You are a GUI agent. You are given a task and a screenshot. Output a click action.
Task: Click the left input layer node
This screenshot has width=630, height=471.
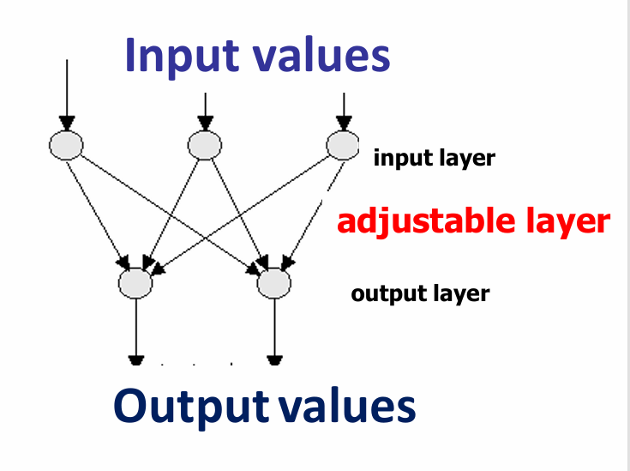(66, 146)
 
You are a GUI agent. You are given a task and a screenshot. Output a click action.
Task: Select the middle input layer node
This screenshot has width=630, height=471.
(205, 146)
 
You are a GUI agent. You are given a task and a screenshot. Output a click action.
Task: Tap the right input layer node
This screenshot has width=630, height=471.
(343, 146)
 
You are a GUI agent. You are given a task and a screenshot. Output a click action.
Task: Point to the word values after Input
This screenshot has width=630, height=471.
(321, 56)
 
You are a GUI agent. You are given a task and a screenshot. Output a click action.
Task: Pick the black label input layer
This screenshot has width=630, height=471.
(434, 159)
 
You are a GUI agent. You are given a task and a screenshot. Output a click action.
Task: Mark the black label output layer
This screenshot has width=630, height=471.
(420, 294)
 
